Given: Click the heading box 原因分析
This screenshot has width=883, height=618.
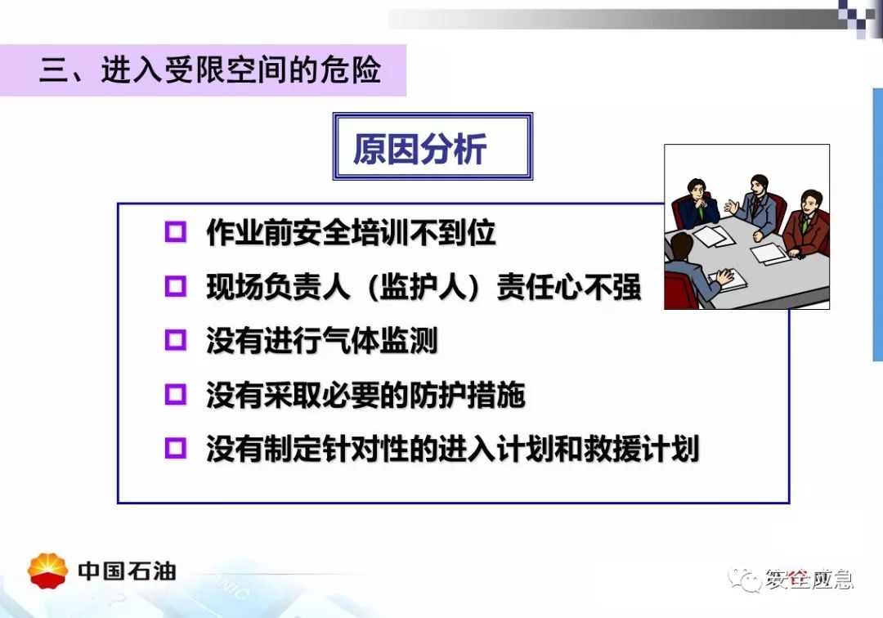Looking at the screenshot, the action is coord(433,146).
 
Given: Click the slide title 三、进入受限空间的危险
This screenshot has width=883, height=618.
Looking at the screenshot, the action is coord(210,70).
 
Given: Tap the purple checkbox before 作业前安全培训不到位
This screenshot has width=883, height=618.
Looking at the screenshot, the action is coord(175,231).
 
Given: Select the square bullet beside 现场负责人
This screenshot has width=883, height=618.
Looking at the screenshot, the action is coord(175,286).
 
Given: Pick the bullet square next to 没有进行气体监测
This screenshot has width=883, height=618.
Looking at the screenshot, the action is coord(175,340).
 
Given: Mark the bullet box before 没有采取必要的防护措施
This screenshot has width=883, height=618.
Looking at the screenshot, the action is coord(175,394).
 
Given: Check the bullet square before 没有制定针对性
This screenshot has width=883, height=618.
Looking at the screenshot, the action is coord(175,448).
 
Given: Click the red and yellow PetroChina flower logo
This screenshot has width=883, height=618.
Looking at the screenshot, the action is coord(48,571).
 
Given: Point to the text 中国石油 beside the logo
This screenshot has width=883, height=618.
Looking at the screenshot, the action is coord(128,571).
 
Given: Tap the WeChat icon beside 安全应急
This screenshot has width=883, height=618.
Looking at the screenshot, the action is coord(746,579).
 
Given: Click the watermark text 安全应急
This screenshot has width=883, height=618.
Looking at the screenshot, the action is coord(809,579).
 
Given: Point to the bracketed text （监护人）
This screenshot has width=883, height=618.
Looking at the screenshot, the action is coord(424,287).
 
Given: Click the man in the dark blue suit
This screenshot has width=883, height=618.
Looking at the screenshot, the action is coord(697,204).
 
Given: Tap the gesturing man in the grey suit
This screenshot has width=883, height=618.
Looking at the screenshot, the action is coord(754,206).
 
